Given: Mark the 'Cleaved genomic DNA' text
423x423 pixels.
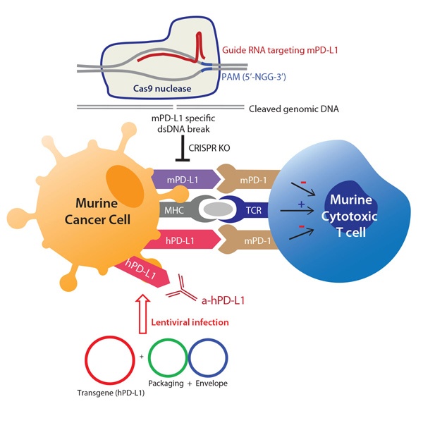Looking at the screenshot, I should click(x=295, y=109).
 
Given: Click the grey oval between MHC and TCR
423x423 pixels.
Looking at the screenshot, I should click(x=217, y=211).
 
